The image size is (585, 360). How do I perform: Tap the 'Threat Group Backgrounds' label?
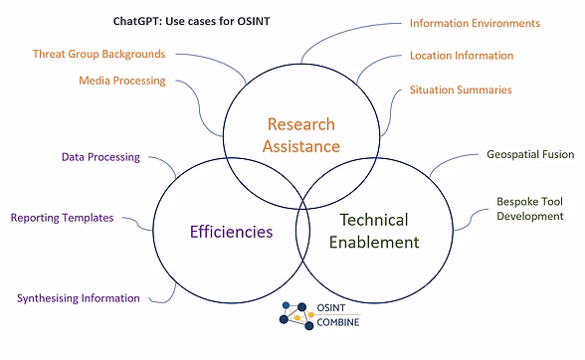point(98,53)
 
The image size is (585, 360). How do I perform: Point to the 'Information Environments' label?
point(475,23)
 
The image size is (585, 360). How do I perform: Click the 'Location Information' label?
point(462,56)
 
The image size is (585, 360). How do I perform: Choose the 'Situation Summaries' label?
point(461,90)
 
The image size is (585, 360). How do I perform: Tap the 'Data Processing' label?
point(100,157)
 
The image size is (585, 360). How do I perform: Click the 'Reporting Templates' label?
point(62,217)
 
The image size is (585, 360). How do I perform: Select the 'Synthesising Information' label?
point(79,297)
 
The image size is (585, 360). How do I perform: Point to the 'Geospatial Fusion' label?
point(531,155)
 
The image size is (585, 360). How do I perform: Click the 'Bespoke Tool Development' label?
point(529,208)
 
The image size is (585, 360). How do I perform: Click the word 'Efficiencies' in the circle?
point(231,232)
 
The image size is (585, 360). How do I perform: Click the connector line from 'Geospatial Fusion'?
point(460,162)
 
